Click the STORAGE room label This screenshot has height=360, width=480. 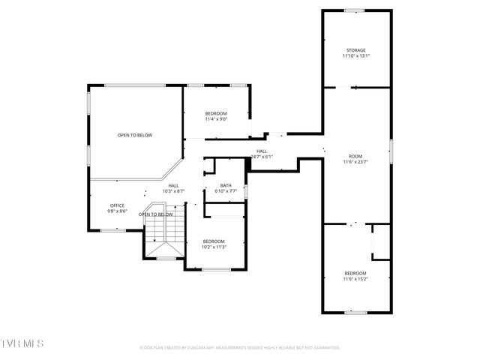pyautogui.click(x=355, y=50)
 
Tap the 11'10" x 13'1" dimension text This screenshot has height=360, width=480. pyautogui.click(x=355, y=56)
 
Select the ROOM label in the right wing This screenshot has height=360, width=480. pyautogui.click(x=355, y=156)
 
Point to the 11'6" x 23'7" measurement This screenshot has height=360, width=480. pyautogui.click(x=355, y=162)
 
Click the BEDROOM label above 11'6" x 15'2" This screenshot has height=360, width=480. pyautogui.click(x=355, y=272)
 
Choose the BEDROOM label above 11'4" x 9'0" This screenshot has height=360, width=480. pyautogui.click(x=216, y=113)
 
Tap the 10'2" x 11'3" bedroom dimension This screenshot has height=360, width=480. pyautogui.click(x=214, y=247)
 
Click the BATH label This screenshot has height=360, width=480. pyautogui.click(x=226, y=185)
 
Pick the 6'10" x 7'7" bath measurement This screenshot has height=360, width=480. pyautogui.click(x=226, y=191)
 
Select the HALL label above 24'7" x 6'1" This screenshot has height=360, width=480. pyautogui.click(x=262, y=151)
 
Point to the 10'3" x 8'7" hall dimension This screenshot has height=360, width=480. pyautogui.click(x=173, y=191)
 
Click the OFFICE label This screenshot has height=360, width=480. pyautogui.click(x=117, y=205)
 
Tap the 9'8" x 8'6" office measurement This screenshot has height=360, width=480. pyautogui.click(x=117, y=211)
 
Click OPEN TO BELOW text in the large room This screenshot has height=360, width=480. pyautogui.click(x=135, y=135)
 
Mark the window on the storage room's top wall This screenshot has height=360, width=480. pyautogui.click(x=355, y=10)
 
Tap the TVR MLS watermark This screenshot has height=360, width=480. pyautogui.click(x=22, y=343)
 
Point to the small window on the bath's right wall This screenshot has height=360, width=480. pyautogui.click(x=247, y=191)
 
